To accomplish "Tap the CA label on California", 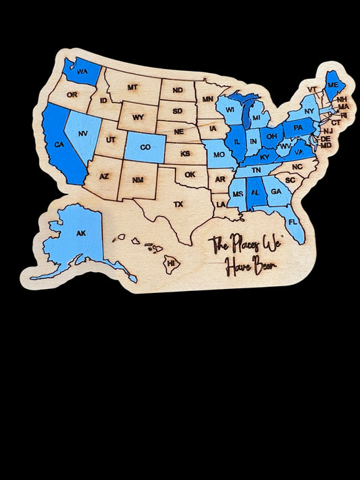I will tap(59, 144).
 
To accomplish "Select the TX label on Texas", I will tap(178, 203).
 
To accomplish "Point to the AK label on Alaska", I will tap(81, 233).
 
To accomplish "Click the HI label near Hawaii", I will tap(171, 263).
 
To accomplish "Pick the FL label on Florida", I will tap(292, 221).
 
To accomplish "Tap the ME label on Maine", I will tap(332, 85).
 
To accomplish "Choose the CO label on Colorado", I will tap(145, 147).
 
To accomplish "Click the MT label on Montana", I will tap(132, 87).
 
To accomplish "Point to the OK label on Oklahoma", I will tap(190, 174).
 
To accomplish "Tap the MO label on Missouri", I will tap(219, 155).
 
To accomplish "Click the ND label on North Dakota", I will tap(177, 90).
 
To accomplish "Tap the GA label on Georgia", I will tap(276, 192).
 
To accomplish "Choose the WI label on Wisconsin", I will tap(230, 109).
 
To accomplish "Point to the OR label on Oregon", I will tap(72, 95).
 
